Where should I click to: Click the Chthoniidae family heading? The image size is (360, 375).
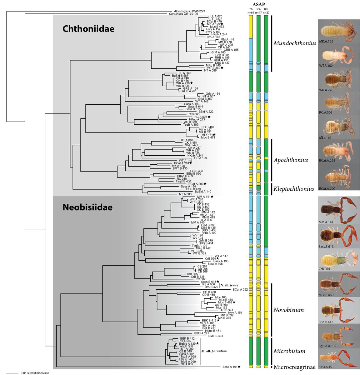click(88, 29)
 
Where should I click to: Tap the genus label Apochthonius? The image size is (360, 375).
click(291, 160)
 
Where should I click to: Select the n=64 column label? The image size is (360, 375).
click(251, 12)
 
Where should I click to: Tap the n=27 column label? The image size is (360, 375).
click(266, 12)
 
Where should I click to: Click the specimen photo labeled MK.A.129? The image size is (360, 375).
click(338, 31)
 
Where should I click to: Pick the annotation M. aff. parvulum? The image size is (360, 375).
click(214, 351)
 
